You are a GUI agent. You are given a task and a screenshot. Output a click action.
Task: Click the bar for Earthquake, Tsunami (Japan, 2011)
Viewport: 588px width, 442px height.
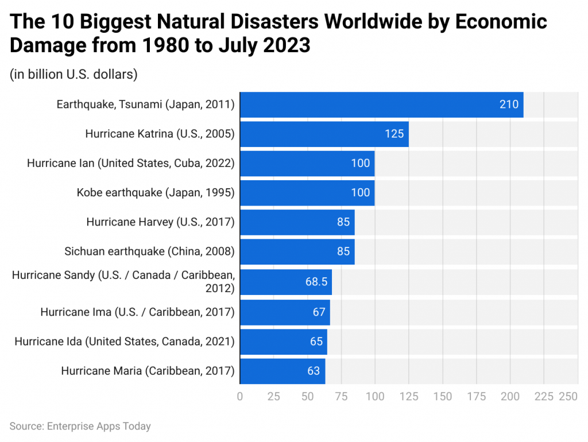tap(381, 104)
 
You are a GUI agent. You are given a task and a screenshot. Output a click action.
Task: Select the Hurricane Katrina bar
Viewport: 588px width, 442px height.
tap(324, 134)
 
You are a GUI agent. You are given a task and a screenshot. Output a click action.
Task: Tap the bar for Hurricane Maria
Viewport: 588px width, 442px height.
tap(282, 371)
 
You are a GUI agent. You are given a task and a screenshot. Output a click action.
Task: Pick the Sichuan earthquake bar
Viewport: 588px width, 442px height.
tap(297, 251)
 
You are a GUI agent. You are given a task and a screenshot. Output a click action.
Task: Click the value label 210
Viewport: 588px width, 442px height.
tap(509, 104)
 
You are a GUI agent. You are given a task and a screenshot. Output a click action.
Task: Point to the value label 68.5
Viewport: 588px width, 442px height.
tap(316, 282)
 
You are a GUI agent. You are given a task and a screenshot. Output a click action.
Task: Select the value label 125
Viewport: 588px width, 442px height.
tap(394, 134)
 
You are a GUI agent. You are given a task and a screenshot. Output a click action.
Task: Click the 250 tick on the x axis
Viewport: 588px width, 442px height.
tap(568, 397)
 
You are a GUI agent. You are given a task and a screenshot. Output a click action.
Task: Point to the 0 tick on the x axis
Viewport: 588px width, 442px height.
tap(240, 397)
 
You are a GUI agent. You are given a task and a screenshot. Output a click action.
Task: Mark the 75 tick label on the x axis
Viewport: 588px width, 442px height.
tap(341, 397)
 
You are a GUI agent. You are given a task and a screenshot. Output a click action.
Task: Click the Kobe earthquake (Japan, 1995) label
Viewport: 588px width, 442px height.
tap(156, 192)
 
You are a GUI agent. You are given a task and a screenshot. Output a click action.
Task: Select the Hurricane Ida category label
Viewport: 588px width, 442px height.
tap(125, 342)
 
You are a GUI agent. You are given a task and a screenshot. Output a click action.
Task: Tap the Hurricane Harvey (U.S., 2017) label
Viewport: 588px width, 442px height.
tap(160, 222)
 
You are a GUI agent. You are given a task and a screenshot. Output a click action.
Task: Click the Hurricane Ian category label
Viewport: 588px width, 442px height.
tap(131, 163)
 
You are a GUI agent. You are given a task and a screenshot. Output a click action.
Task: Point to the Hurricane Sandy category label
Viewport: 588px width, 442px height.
tap(123, 281)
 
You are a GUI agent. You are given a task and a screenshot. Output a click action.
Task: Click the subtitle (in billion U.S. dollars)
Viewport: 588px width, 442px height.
tap(73, 74)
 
